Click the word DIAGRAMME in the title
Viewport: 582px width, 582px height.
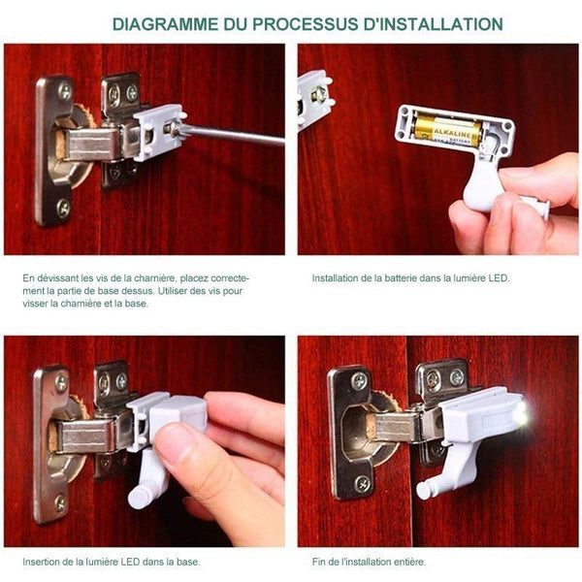pyautogui.click(x=166, y=24)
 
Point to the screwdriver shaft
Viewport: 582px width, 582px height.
pyautogui.click(x=233, y=135)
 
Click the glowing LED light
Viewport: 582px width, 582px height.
pyautogui.click(x=522, y=413)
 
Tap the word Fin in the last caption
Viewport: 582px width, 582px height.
pyautogui.click(x=318, y=562)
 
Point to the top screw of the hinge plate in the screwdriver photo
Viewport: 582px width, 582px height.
pyautogui.click(x=65, y=91)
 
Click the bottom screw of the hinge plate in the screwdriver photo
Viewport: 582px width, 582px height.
pyautogui.click(x=64, y=208)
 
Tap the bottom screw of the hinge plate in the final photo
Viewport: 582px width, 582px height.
pyautogui.click(x=362, y=484)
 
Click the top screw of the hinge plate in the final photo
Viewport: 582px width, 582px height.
pyautogui.click(x=359, y=381)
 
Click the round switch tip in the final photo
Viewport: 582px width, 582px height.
pyautogui.click(x=423, y=491)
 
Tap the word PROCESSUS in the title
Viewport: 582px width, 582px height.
pyautogui.click(x=306, y=24)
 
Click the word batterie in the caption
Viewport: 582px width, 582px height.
pyautogui.click(x=403, y=278)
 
